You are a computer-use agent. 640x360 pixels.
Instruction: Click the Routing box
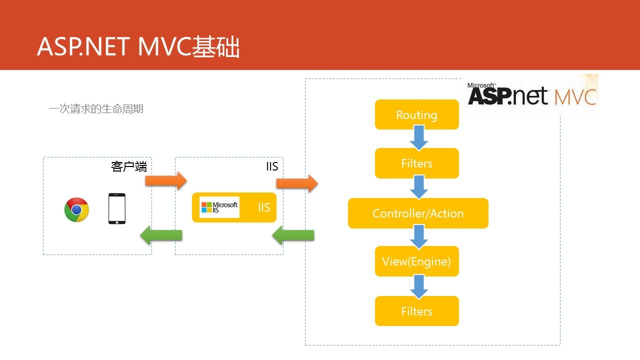pos(416,114)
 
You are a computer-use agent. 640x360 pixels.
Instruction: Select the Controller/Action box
pos(418,213)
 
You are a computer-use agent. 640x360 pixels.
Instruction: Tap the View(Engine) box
pos(416,261)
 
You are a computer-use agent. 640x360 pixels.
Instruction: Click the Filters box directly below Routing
pos(416,163)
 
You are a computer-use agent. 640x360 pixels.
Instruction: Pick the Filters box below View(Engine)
pos(416,311)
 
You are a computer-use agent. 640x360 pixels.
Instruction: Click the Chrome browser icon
pos(76,209)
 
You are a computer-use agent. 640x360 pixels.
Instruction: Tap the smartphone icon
pos(117,208)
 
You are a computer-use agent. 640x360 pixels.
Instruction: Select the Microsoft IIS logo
pos(219,207)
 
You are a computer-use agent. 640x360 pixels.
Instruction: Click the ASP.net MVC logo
pos(532,94)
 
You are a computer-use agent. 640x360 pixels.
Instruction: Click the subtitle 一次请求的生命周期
pos(96,108)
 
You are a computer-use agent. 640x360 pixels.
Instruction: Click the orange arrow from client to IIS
pos(165,180)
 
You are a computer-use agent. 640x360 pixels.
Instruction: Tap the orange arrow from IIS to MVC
pos(297,183)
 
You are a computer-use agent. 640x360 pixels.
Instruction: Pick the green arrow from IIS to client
pos(161,234)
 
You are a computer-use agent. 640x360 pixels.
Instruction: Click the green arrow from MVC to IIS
pos(293,234)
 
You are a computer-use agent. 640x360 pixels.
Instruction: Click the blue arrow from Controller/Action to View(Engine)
pos(418,236)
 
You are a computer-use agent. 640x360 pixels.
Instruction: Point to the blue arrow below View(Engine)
pos(418,286)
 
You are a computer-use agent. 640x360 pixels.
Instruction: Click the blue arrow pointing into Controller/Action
pos(418,187)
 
